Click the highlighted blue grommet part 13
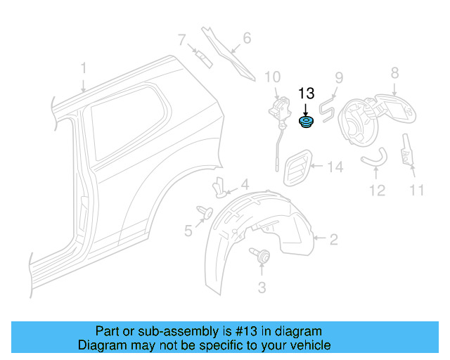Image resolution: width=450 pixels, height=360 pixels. click(x=306, y=123)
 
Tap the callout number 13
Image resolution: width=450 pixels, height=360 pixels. click(x=307, y=93)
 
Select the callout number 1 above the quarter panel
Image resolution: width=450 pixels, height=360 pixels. click(x=83, y=68)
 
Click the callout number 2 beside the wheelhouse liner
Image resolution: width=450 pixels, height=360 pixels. click(x=333, y=240)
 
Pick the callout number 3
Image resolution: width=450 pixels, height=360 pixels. click(x=262, y=287)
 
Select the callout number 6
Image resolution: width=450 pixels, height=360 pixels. click(x=246, y=38)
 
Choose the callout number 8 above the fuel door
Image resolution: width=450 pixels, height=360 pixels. click(x=394, y=72)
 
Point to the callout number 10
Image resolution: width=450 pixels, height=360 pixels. click(x=272, y=77)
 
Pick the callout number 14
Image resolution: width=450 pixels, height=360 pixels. click(x=334, y=167)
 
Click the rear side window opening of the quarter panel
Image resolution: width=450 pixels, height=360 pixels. click(x=127, y=123)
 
